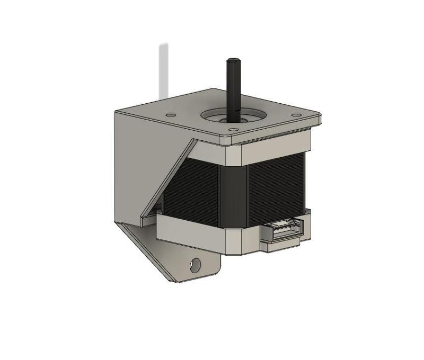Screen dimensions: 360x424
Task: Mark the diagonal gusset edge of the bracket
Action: coord(170,175)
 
